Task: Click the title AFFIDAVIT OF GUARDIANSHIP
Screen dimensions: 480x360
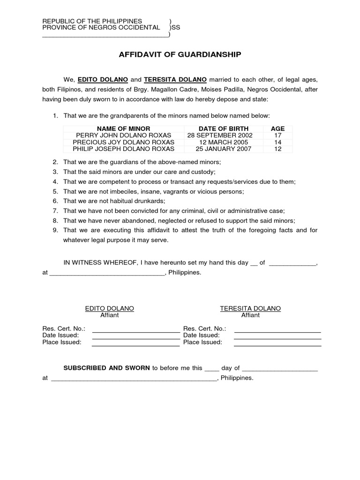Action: tap(180, 55)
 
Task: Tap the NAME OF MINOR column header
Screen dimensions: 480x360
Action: tap(124, 129)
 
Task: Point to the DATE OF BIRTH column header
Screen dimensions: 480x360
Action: tap(224, 129)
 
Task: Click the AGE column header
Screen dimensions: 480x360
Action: tap(277, 129)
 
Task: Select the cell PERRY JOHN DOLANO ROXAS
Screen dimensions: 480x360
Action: tap(124, 135)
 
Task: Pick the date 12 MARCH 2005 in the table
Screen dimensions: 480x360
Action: tap(224, 142)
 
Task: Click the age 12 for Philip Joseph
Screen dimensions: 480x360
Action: tap(277, 149)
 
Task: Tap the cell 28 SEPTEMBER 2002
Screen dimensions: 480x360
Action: tap(224, 135)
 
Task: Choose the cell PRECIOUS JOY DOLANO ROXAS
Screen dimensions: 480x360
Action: tap(124, 142)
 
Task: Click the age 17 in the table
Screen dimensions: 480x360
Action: tap(277, 135)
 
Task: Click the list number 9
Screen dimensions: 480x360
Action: tap(55, 230)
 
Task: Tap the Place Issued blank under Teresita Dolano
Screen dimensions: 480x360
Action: tap(277, 343)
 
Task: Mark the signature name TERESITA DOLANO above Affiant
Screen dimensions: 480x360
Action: tap(250, 308)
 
